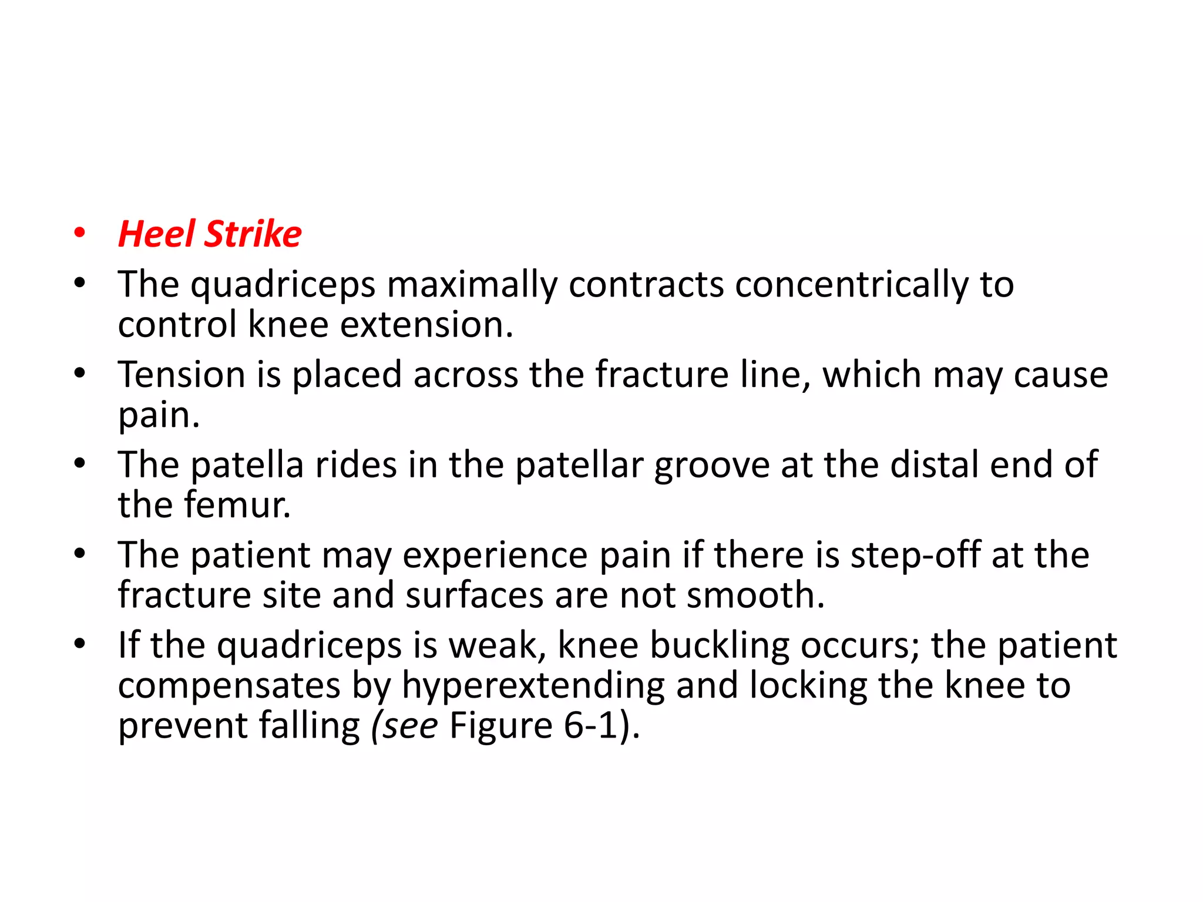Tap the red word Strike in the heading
[253, 234]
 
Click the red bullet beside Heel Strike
[79, 234]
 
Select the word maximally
[472, 285]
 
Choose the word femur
[237, 505]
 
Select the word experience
[495, 556]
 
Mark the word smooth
[755, 595]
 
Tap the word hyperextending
[533, 686]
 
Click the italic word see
[410, 726]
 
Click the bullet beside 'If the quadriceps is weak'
[79, 645]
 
